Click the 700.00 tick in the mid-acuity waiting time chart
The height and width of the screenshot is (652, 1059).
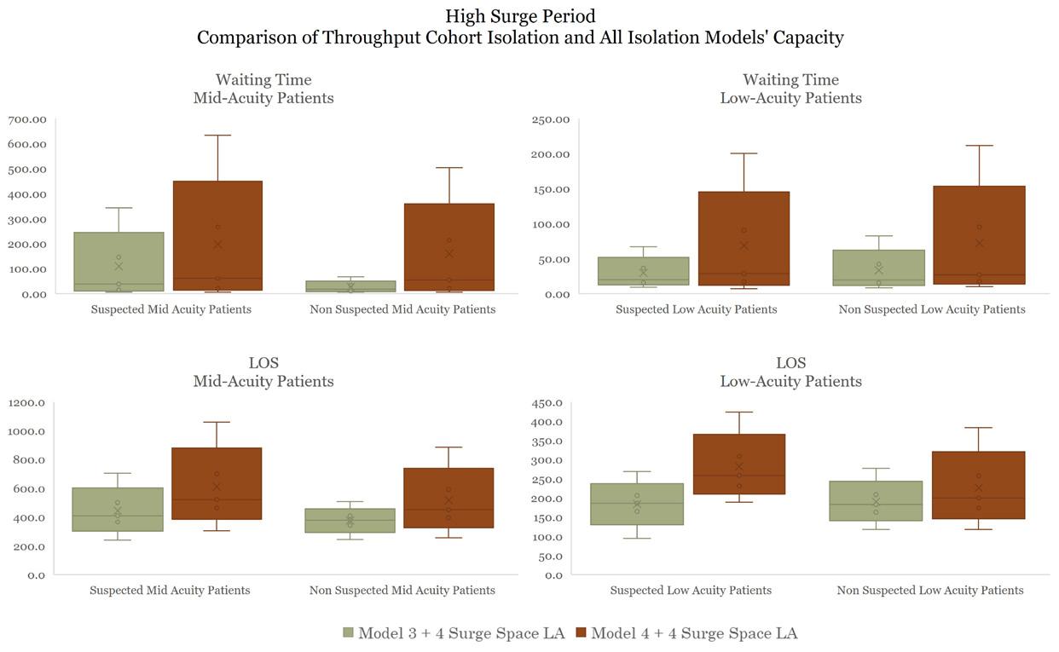tap(27, 119)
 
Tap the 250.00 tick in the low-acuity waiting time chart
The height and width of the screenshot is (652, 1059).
tap(549, 119)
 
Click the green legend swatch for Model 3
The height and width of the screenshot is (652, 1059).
tap(348, 633)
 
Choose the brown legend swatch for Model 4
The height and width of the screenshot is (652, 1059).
tap(581, 633)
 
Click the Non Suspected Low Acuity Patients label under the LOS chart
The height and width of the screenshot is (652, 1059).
tap(930, 591)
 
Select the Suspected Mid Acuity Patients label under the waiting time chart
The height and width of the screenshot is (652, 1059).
tap(171, 309)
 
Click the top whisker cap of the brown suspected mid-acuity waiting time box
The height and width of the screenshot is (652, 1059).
tap(217, 136)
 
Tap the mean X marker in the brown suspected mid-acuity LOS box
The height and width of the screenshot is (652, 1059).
tap(217, 487)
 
